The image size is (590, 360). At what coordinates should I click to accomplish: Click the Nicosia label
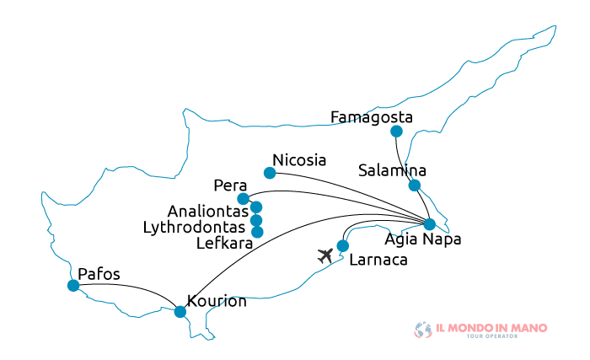tap(299, 160)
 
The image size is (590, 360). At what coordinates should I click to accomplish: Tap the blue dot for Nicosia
tap(270, 173)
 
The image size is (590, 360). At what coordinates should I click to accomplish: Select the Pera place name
tap(230, 185)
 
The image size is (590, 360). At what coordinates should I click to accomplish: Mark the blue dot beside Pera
tap(244, 199)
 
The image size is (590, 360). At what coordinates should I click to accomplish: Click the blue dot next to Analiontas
tap(256, 207)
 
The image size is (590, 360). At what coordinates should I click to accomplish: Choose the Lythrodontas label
tap(195, 228)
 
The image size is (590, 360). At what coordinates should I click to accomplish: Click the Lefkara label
tap(223, 244)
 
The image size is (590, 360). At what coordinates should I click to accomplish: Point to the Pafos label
tap(99, 274)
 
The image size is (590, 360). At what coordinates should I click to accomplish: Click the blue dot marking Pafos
tap(73, 286)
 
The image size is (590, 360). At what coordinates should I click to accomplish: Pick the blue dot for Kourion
tap(180, 312)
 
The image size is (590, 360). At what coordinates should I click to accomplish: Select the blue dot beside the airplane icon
tap(343, 246)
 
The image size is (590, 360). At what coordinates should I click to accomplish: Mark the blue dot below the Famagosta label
tap(396, 132)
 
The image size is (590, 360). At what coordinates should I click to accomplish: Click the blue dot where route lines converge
tap(429, 224)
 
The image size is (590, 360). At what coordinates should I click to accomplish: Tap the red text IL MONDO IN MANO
tap(491, 327)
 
